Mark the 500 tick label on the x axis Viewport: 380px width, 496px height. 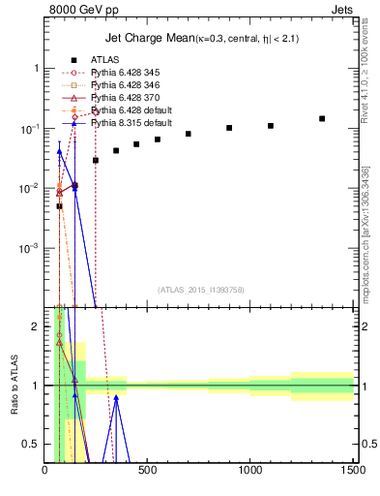pyautogui.click(x=147, y=472)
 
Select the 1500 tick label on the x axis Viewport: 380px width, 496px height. pyautogui.click(x=353, y=472)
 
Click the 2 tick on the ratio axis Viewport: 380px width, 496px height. pyautogui.click(x=37, y=326)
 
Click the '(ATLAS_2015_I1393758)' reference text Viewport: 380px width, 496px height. pyautogui.click(x=200, y=288)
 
